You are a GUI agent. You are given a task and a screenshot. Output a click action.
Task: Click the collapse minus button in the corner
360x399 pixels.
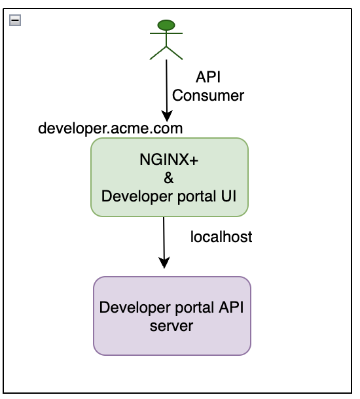tap(14, 20)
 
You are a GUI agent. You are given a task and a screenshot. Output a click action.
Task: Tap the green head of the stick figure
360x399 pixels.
tap(166, 26)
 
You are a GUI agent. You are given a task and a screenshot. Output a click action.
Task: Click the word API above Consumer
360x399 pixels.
tap(208, 77)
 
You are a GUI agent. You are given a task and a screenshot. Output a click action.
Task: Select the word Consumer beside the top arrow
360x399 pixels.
tap(208, 95)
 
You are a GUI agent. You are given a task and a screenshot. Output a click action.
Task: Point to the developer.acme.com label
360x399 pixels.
tap(111, 128)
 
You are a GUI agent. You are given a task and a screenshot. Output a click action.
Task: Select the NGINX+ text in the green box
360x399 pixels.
tap(170, 160)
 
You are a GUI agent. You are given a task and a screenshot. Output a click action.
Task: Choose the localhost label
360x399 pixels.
tap(221, 237)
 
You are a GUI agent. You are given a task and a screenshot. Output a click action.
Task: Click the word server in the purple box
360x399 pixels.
tap(171, 325)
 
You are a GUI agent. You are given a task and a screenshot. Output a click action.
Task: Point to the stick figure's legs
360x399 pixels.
tap(166, 53)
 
